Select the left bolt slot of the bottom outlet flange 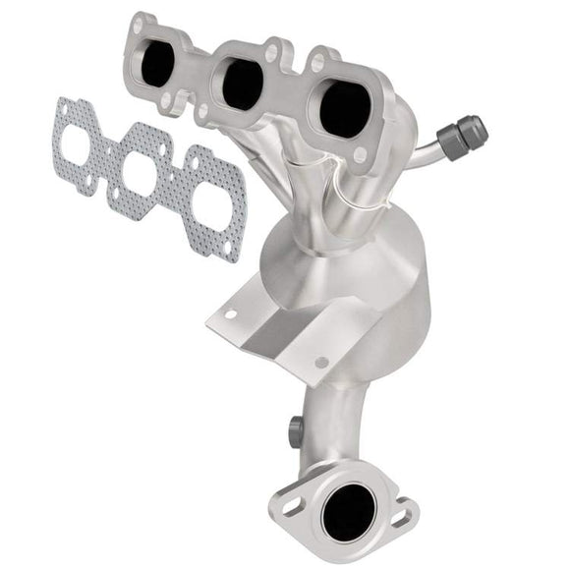[292, 507]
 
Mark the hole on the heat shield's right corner [320, 364]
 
